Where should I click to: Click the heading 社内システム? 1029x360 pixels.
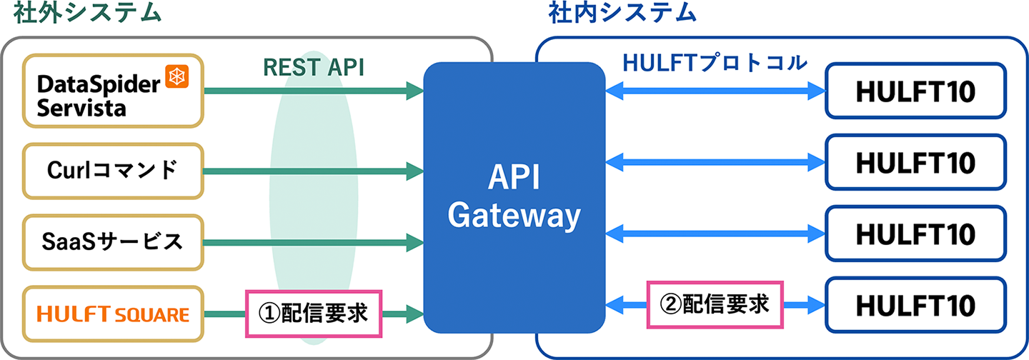(x=622, y=14)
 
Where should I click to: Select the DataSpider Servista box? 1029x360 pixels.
(x=113, y=91)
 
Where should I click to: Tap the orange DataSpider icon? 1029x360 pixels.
(x=176, y=76)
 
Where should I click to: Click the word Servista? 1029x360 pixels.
(x=81, y=108)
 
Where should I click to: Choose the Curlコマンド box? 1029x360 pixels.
(x=113, y=170)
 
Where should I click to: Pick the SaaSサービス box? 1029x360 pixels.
(x=113, y=242)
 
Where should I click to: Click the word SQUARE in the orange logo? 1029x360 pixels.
(x=155, y=314)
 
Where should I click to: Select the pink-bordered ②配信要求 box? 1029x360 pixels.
(x=715, y=304)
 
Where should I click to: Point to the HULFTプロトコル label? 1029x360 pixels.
(x=715, y=63)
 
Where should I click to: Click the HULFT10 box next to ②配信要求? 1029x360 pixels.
(x=916, y=306)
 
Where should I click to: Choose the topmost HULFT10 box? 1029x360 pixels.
(x=916, y=91)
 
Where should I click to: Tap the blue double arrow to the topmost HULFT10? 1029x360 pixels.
(x=715, y=91)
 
